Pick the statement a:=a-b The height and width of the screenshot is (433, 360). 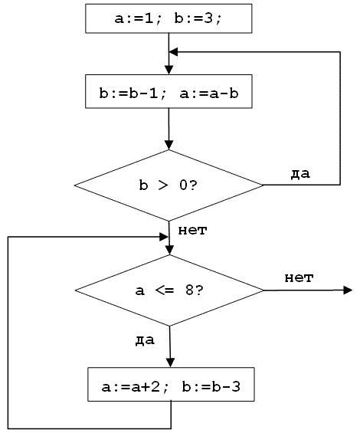coord(209,93)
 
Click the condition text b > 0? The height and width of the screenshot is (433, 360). coord(169,185)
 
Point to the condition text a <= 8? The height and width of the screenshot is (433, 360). coord(169,290)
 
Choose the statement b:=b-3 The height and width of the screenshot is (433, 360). coord(211,386)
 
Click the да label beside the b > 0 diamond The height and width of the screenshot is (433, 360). coord(300,174)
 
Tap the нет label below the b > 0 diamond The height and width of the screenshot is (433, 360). coord(192,231)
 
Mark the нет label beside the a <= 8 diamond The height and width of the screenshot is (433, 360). coord(299,277)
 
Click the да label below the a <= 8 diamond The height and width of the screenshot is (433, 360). coord(145,340)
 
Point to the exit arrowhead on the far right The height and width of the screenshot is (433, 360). coord(348,290)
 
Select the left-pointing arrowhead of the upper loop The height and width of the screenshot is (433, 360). coord(173,51)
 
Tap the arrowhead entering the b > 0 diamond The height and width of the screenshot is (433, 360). coord(169,146)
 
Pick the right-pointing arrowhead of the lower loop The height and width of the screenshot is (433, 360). coord(164,237)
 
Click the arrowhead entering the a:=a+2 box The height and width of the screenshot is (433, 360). coord(171,362)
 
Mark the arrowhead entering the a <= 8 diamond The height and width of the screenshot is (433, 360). coord(169,250)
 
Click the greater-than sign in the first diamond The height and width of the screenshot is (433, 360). coord(163,185)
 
